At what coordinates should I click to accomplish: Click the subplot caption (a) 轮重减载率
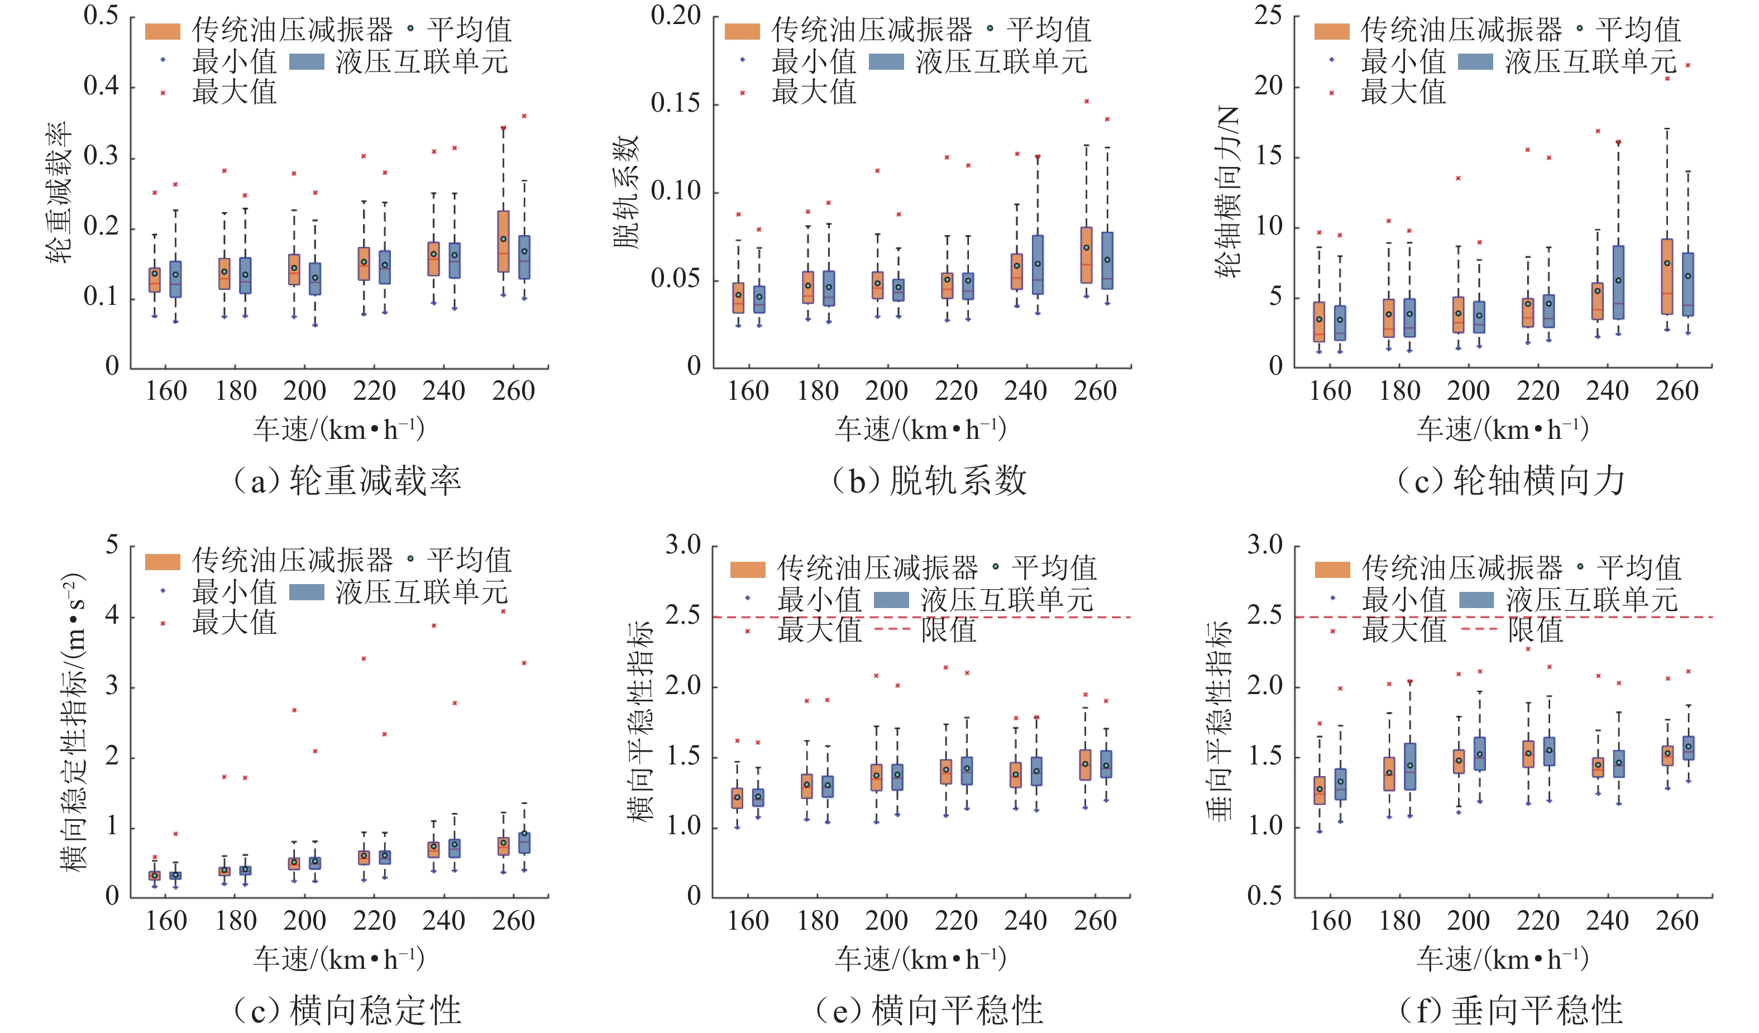click(x=347, y=480)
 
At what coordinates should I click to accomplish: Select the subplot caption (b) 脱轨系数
click(x=929, y=480)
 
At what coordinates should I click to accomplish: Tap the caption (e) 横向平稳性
click(x=929, y=1010)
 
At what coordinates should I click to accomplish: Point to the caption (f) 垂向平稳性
click(x=1511, y=1010)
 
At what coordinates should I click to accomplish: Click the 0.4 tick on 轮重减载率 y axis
click(x=101, y=87)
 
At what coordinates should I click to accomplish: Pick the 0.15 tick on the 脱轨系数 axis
click(x=675, y=103)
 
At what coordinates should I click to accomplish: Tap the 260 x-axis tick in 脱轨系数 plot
click(x=1095, y=391)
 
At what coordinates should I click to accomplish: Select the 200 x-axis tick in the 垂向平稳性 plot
click(x=1469, y=921)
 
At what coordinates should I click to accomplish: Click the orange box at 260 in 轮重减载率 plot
click(x=503, y=241)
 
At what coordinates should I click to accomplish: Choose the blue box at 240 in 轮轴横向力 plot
click(x=1619, y=282)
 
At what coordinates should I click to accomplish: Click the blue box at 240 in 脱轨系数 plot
click(x=1038, y=265)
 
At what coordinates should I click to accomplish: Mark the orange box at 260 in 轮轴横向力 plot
click(x=1667, y=276)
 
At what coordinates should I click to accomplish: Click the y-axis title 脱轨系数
click(x=626, y=192)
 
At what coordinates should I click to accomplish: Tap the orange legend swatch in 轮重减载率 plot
click(x=162, y=31)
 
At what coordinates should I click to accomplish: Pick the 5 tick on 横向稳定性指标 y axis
click(x=112, y=545)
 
